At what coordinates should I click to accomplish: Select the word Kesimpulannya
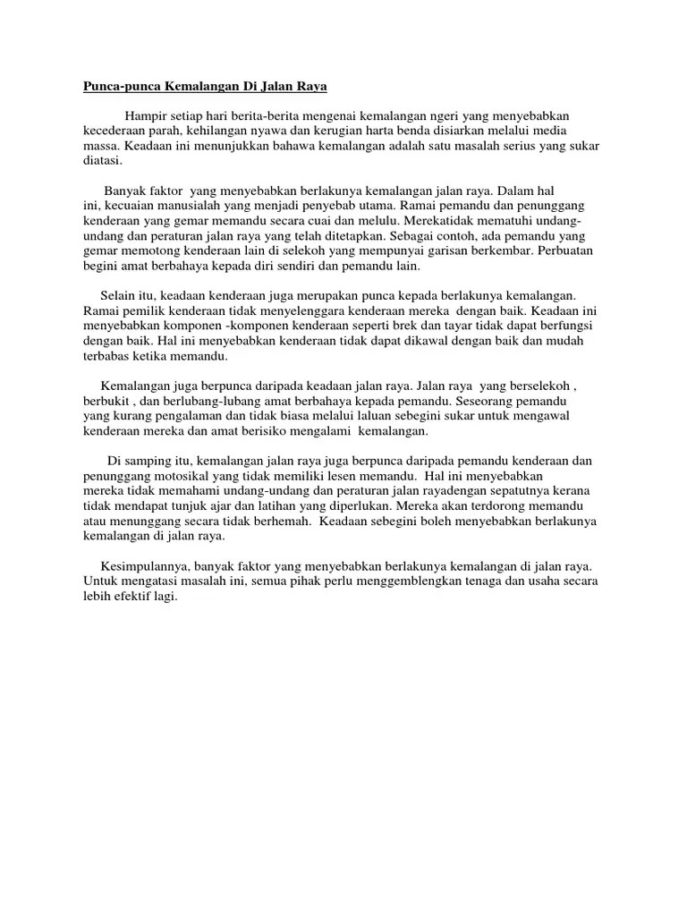click(x=141, y=566)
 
